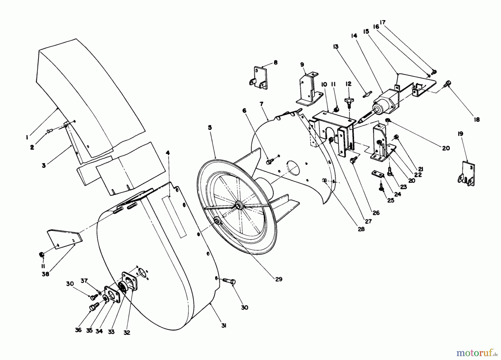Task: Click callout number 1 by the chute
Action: click(x=27, y=137)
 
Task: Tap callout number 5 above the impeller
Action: click(x=210, y=127)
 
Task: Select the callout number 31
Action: click(x=224, y=326)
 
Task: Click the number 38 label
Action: click(x=45, y=274)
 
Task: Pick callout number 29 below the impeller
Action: click(x=279, y=279)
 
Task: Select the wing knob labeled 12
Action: click(x=348, y=101)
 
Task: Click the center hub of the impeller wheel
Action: click(x=238, y=205)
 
